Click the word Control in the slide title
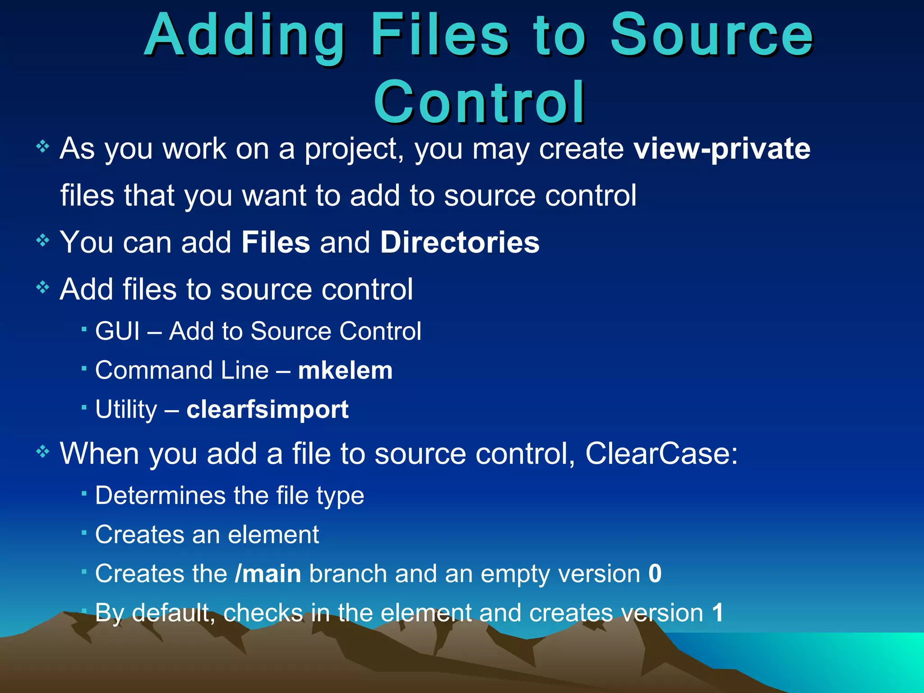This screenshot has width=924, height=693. pyautogui.click(x=479, y=102)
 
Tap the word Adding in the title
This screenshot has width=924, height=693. pyautogui.click(x=245, y=36)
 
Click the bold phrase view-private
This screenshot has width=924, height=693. pyautogui.click(x=722, y=149)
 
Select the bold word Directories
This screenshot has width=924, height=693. pyautogui.click(x=459, y=242)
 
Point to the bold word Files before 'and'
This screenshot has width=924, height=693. pyautogui.click(x=276, y=242)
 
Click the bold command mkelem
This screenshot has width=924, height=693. pyautogui.click(x=345, y=371)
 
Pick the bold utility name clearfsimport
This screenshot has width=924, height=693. pyautogui.click(x=268, y=410)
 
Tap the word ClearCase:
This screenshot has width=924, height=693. pyautogui.click(x=661, y=453)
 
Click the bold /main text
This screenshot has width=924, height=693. pyautogui.click(x=268, y=574)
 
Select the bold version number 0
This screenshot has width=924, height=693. pyautogui.click(x=655, y=574)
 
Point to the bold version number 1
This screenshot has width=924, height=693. pyautogui.click(x=717, y=613)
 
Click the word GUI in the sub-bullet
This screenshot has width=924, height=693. pyautogui.click(x=117, y=332)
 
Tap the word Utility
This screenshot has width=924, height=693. pyautogui.click(x=126, y=410)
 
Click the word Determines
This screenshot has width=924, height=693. pyautogui.click(x=160, y=496)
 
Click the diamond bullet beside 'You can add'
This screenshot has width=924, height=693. pyautogui.click(x=42, y=240)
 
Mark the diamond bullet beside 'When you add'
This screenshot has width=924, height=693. pyautogui.click(x=42, y=451)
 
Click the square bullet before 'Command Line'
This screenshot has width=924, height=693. pyautogui.click(x=84, y=369)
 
